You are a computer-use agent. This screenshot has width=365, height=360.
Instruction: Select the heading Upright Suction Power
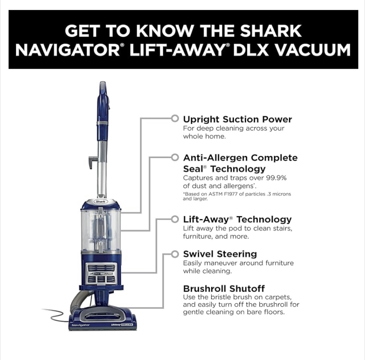tap(237, 119)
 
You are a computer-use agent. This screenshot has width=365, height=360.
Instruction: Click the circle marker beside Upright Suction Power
tap(175, 118)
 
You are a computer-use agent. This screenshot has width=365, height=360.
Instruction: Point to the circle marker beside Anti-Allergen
tap(175, 157)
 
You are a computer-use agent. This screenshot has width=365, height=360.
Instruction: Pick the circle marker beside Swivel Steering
tap(175, 254)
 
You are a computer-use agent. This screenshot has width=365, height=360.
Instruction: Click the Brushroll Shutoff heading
tap(224, 289)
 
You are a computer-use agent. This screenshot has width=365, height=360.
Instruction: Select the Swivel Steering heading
tap(220, 254)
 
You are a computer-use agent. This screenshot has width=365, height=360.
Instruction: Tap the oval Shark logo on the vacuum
tap(100, 202)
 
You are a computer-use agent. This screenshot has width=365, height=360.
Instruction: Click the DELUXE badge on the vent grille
tap(106, 274)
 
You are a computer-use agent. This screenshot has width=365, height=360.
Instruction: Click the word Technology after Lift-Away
tap(264, 219)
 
